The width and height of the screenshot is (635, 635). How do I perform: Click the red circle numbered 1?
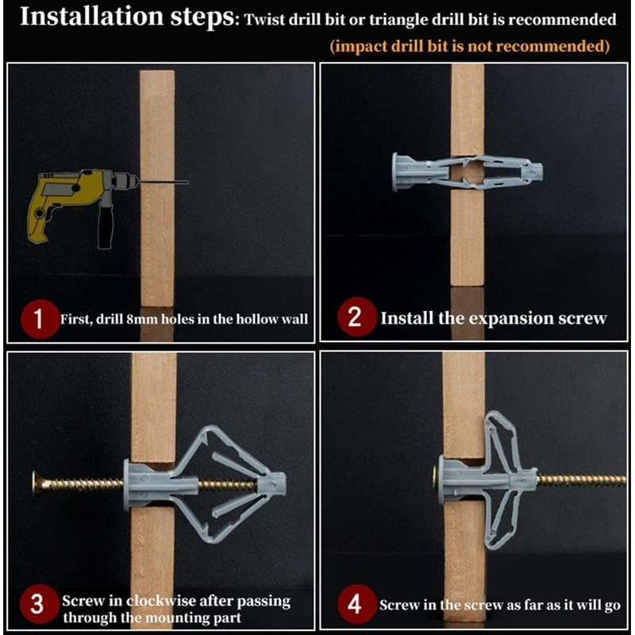39,319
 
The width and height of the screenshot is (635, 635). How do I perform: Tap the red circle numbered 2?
356,317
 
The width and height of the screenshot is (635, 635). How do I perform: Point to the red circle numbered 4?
356,604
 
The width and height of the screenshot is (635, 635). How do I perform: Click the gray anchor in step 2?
468,171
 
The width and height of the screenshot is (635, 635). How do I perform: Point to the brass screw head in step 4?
436,479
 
